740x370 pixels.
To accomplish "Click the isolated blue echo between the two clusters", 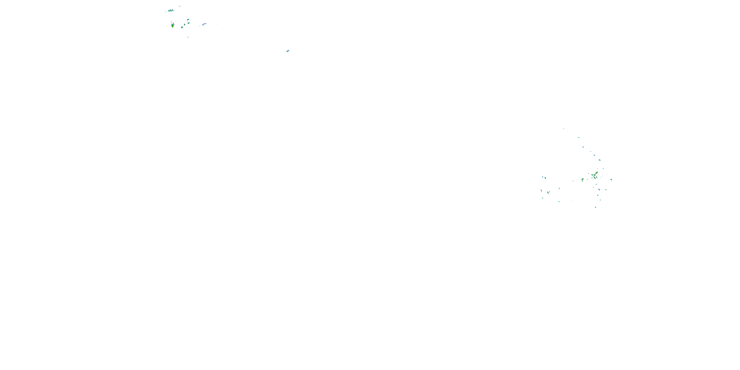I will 288,51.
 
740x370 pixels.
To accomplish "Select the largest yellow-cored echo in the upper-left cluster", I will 172,25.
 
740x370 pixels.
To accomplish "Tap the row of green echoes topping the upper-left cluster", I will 171,11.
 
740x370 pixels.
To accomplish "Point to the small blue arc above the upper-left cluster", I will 180,6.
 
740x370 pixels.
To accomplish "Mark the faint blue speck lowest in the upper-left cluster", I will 188,37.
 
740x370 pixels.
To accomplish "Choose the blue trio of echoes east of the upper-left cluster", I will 204,24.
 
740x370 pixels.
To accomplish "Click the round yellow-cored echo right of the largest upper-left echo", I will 182,27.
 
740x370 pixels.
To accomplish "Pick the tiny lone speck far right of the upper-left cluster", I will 217,24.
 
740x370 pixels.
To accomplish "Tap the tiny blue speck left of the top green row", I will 166,12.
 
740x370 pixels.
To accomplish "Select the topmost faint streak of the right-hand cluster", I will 564,129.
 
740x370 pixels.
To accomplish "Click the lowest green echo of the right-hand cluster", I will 595,207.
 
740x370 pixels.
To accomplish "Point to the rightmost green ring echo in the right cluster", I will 611,180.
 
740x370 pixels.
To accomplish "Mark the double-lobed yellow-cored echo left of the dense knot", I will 582,180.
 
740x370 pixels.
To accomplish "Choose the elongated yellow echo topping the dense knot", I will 597,173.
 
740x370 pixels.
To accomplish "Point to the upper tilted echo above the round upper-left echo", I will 188,20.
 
